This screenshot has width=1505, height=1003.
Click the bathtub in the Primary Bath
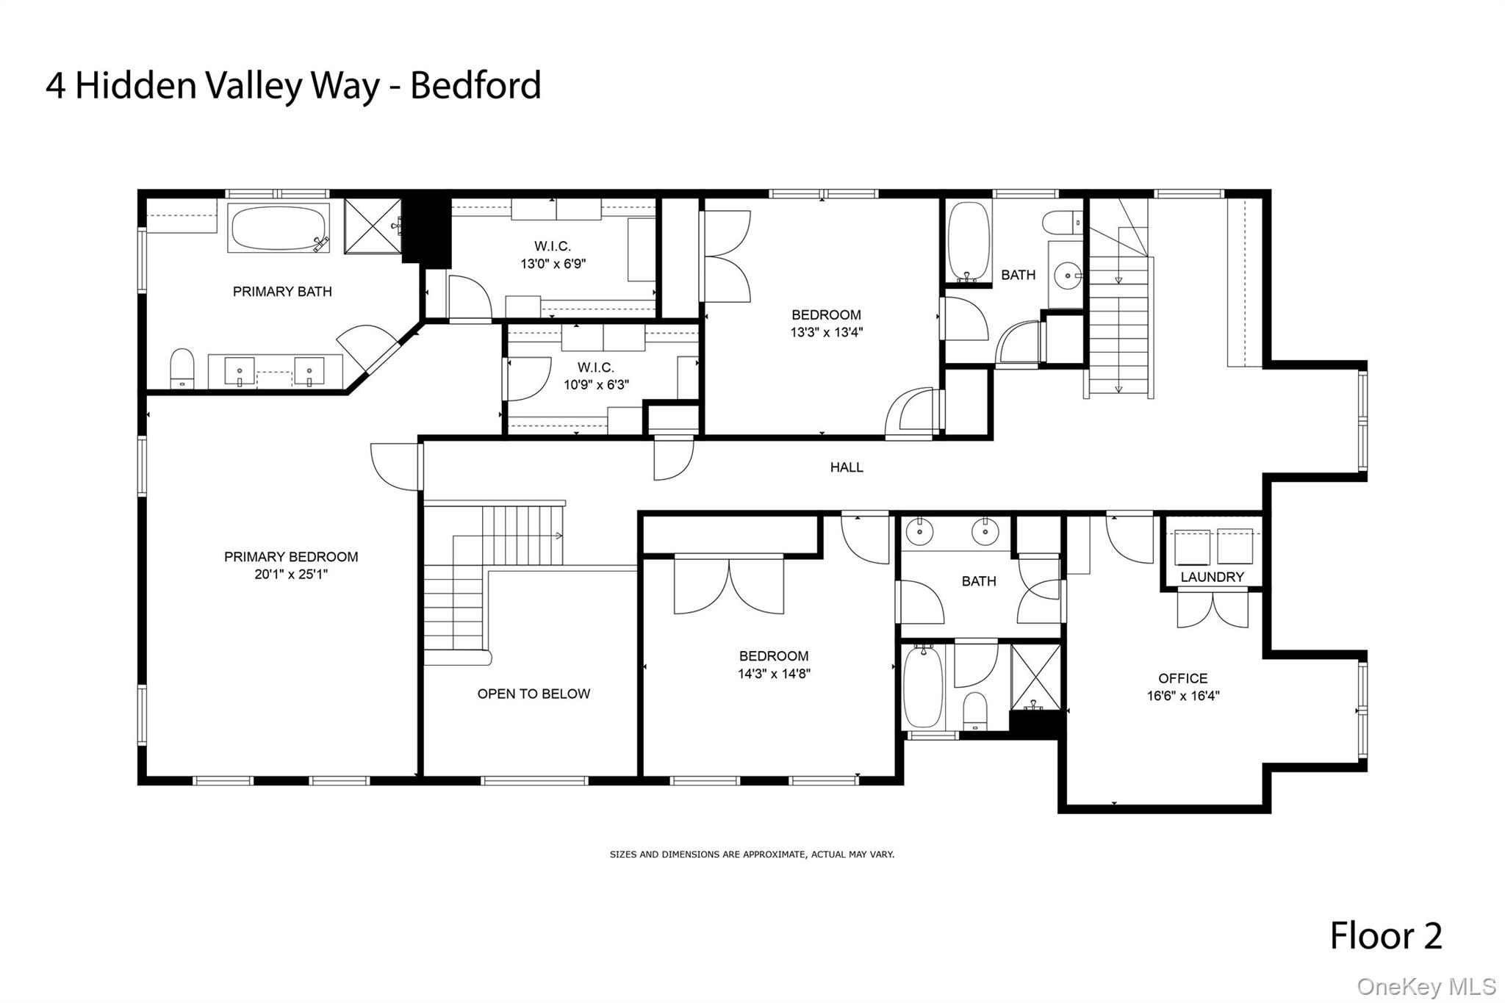pos(278,228)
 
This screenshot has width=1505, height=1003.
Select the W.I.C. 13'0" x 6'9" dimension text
pos(553,264)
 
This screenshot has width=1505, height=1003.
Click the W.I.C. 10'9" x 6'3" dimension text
pos(596,384)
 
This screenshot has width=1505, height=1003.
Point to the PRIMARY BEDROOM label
pos(291,557)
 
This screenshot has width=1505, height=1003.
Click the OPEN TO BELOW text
pos(534,694)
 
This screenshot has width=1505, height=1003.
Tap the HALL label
pos(847,467)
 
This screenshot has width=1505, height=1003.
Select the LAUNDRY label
pos(1212,578)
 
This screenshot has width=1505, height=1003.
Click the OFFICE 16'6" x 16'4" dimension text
pos(1183,696)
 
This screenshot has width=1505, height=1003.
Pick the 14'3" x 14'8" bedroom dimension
pos(774,673)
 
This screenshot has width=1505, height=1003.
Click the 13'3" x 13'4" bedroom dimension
pos(826,332)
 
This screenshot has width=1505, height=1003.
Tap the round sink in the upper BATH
pos(1067,276)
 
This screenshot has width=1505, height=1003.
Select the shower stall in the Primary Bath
pos(373,226)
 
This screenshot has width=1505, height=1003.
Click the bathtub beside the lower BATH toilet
pos(923,687)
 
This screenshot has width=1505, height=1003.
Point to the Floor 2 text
pos(1386,936)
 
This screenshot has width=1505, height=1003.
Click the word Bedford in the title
pos(475,85)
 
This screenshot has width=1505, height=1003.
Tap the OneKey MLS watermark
pos(1426,986)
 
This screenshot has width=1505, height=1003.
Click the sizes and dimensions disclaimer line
pos(752,855)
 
